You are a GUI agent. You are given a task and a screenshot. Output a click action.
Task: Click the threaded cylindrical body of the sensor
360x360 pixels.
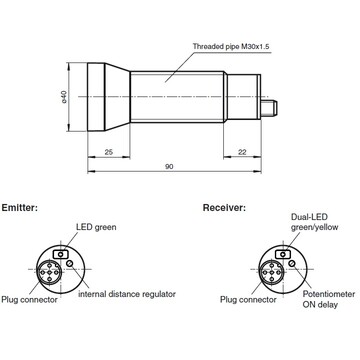[x=190, y=97]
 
